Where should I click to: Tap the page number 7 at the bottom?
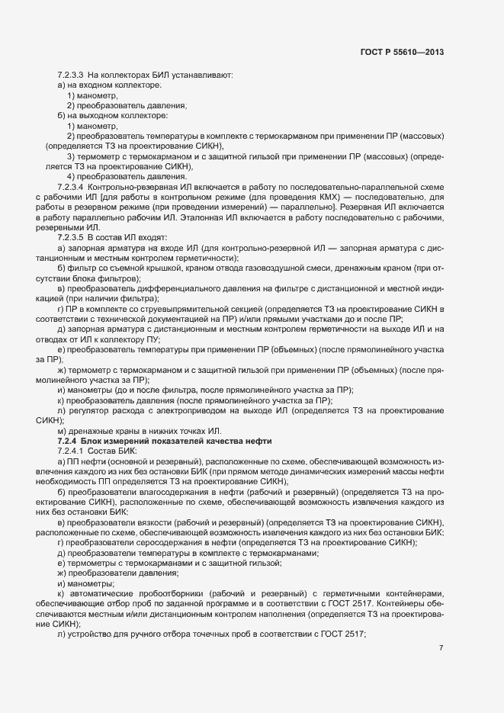[441, 647]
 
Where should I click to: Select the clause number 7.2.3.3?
[70, 75]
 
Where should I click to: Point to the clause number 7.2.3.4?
[70, 187]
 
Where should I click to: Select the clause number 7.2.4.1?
[70, 452]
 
